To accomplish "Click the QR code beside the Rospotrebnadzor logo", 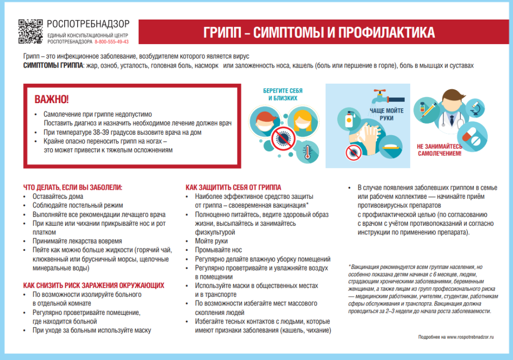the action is [x=31, y=32].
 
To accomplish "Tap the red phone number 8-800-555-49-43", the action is [x=112, y=42].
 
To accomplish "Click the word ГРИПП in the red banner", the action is [x=222, y=33].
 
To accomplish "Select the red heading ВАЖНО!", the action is [x=52, y=99].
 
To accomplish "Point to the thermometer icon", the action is [x=307, y=152].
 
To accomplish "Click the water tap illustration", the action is [x=388, y=97].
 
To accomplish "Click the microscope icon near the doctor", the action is [x=475, y=109].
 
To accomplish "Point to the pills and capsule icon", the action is [x=472, y=136].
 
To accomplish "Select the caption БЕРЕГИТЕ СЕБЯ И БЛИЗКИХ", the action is [x=283, y=94].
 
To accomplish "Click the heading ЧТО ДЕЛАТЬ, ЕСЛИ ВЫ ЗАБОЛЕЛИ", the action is [x=73, y=187].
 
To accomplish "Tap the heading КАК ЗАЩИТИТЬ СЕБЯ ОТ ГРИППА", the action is [x=233, y=187].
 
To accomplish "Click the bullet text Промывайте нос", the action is [x=218, y=250].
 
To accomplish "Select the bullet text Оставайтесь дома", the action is [x=58, y=196].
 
